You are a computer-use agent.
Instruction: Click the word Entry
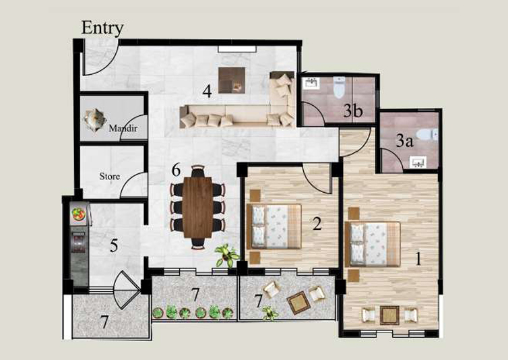[102, 28]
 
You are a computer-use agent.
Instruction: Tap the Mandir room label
[123, 128]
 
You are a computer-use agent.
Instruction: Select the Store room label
[110, 176]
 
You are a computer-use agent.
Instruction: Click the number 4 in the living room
[208, 91]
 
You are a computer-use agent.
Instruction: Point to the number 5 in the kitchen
[114, 245]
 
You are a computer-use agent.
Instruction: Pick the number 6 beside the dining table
[176, 170]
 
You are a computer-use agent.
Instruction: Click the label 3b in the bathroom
[353, 111]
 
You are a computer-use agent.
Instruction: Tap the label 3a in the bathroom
[405, 141]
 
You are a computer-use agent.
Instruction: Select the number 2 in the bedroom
[317, 223]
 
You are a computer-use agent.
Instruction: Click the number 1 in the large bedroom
[418, 258]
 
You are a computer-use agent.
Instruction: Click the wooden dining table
[197, 207]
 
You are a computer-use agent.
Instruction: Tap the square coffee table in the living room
[232, 80]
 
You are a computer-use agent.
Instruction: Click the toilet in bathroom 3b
[340, 87]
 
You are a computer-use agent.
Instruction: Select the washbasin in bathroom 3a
[419, 162]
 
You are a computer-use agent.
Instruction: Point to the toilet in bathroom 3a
[427, 134]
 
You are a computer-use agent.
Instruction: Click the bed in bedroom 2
[274, 227]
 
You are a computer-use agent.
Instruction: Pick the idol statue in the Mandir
[94, 120]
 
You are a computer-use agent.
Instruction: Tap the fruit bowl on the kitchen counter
[79, 214]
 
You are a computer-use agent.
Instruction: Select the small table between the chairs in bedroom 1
[389, 316]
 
